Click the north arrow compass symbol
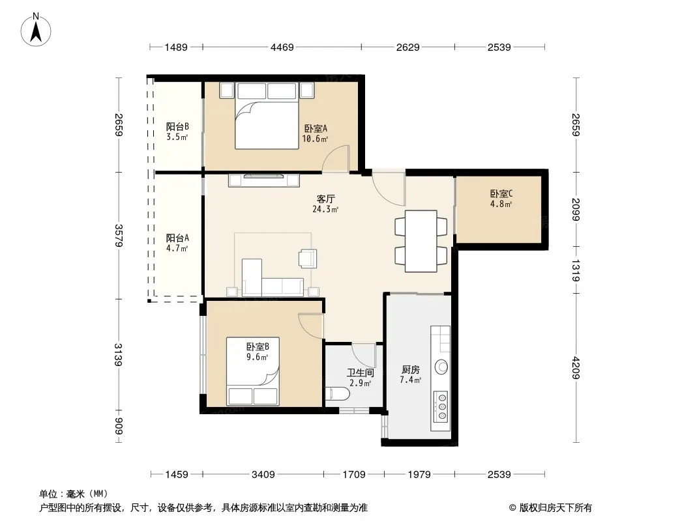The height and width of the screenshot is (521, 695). pos(36,30)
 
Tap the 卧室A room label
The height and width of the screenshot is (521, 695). pos(316,129)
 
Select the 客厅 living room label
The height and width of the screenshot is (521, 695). pos(325,199)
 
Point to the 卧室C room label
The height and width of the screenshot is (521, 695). pos(501,194)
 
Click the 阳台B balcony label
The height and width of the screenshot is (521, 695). pos(177,126)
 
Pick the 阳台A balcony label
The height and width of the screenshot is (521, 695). pos(177,238)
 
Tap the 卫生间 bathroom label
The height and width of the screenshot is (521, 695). pos(361,373)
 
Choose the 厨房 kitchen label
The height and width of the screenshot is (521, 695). pos(411,370)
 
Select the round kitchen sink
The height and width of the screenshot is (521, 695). pos(441,367)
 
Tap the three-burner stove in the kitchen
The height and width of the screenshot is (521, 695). pos(441,406)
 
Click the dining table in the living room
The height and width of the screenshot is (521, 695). pos(421,241)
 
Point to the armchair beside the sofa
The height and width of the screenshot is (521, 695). pos(308,259)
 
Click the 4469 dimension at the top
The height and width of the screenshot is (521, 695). pos(282,47)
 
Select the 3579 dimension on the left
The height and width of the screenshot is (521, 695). pos(119,236)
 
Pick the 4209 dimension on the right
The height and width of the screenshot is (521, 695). pos(575,368)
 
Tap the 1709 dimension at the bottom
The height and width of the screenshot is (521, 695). pos(354,475)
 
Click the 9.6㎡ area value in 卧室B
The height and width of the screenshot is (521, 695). pos(257,358)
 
